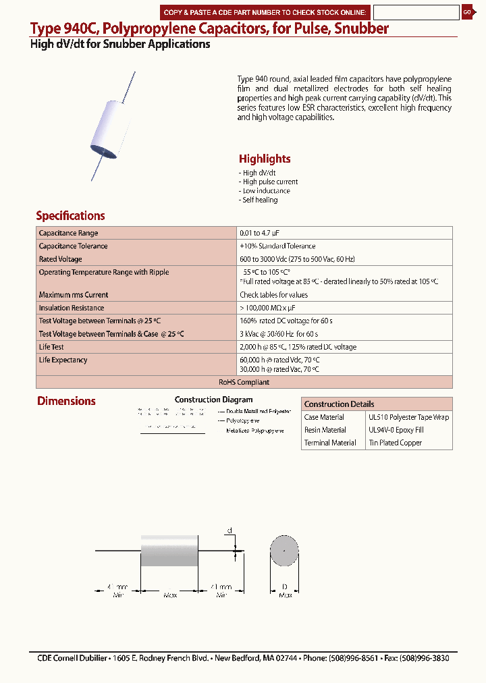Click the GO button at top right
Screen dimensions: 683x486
pos(467,12)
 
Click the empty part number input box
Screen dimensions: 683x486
pos(416,12)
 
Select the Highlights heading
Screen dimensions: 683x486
pos(265,159)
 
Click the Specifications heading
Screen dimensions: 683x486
pos(70,216)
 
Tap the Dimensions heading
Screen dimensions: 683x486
pos(66,401)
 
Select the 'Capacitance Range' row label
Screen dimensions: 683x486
pos(68,233)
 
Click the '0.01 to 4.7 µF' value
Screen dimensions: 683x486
pos(265,233)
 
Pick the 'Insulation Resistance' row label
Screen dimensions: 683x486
pos(72,308)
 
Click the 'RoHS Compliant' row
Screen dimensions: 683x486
pos(244,382)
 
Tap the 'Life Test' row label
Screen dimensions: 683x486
pos(51,347)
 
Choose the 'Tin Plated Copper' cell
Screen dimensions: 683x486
pos(395,443)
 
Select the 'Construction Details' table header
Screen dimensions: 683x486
pos(339,404)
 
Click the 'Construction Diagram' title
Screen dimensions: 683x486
pos(213,400)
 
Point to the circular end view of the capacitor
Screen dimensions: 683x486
pos(285,552)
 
